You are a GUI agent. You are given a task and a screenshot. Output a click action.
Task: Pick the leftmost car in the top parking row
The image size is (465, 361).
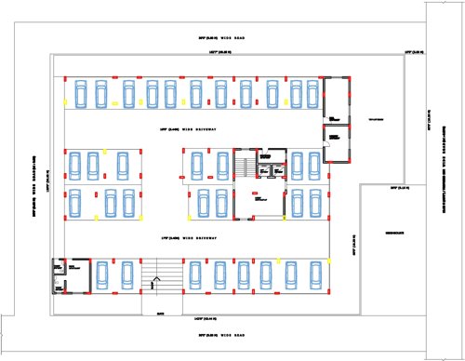click(78, 94)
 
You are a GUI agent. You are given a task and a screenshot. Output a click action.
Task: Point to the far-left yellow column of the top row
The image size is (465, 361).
click(64, 100)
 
